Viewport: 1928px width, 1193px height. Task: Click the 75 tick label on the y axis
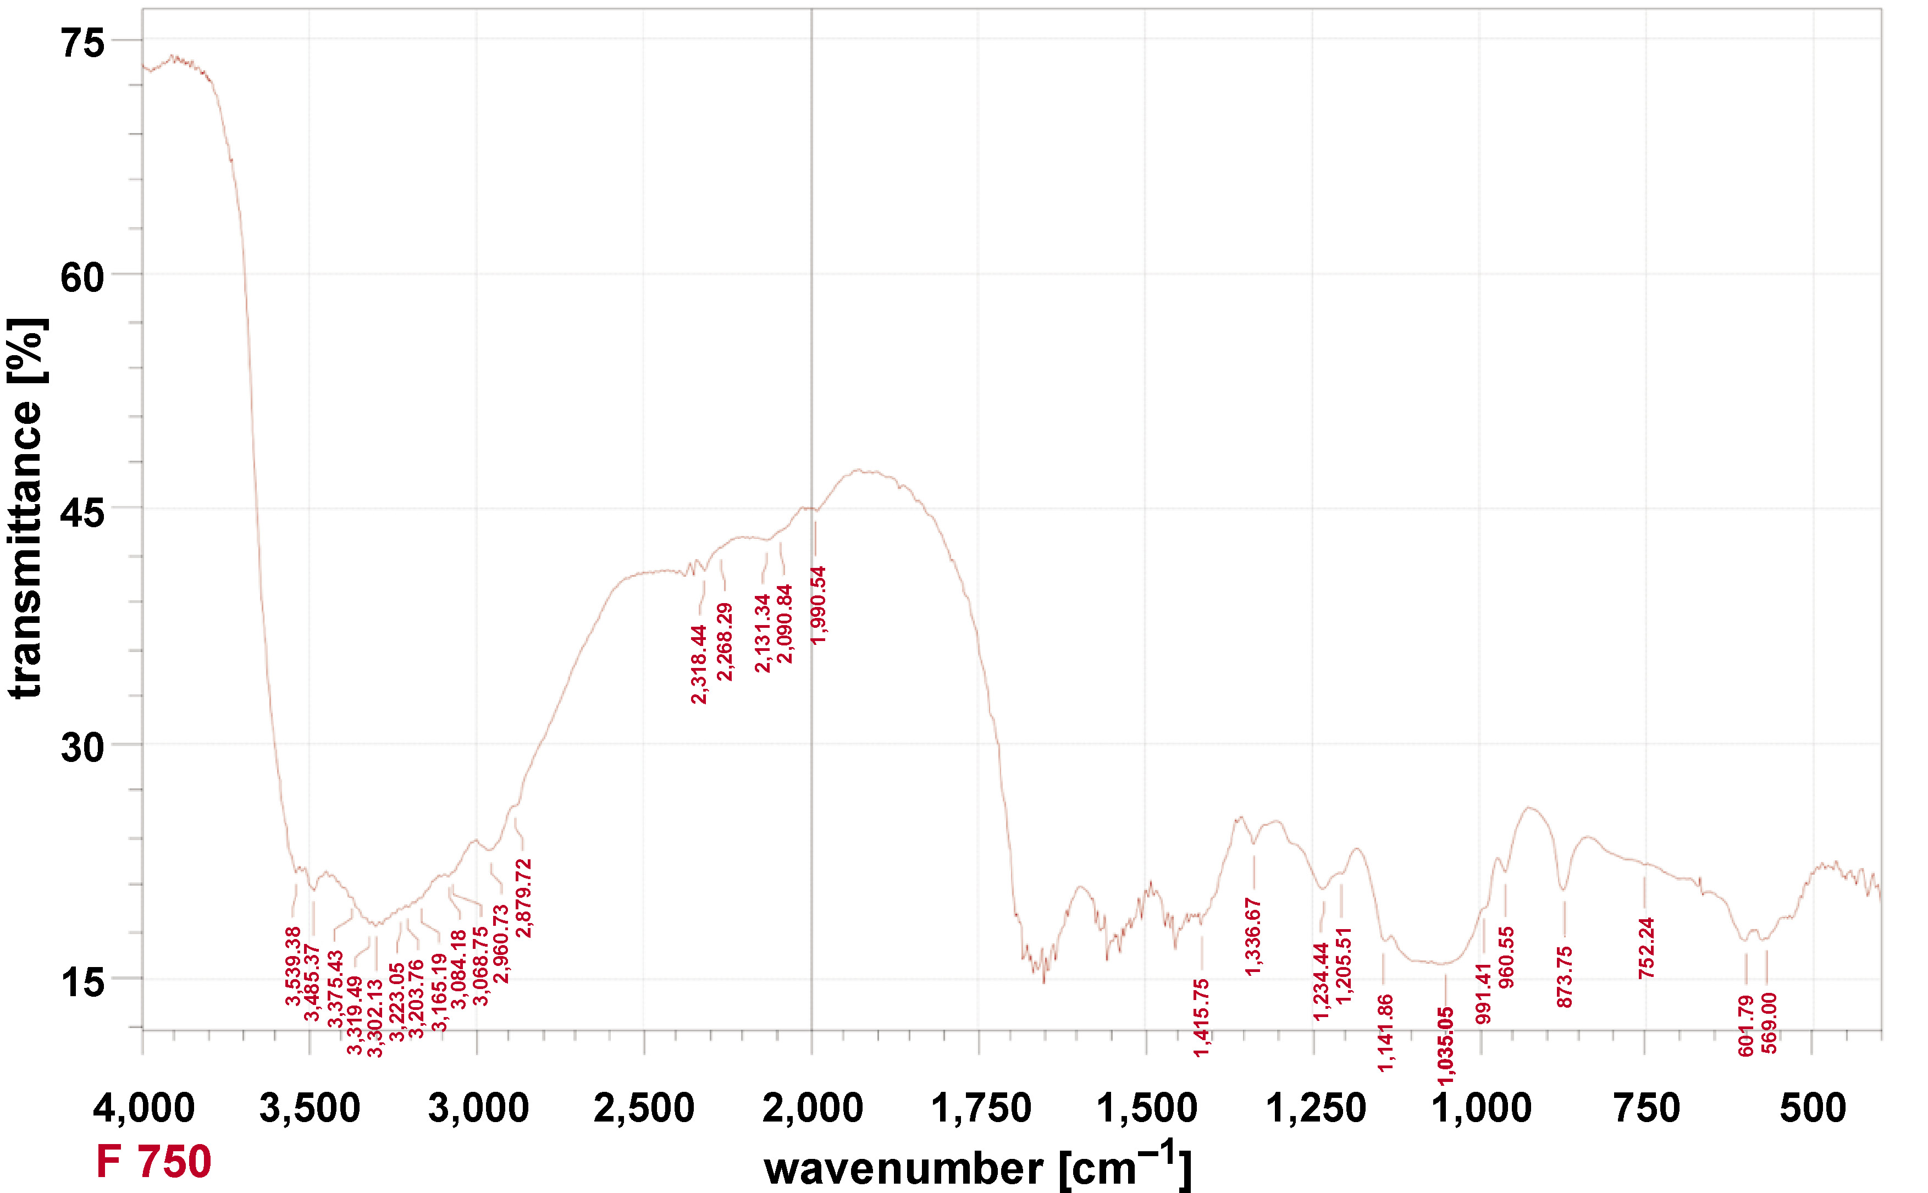click(82, 43)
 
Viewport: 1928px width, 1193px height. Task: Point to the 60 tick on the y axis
click(82, 278)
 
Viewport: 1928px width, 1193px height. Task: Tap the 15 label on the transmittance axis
click(82, 983)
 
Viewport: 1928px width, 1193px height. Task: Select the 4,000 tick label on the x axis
click(143, 1108)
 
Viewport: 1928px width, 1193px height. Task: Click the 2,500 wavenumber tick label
click(644, 1108)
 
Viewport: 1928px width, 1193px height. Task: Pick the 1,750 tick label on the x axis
click(981, 1108)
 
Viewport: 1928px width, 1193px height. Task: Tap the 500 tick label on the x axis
click(1813, 1108)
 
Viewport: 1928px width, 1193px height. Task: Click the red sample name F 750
click(154, 1162)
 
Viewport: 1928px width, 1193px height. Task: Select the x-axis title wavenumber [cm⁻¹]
click(977, 1166)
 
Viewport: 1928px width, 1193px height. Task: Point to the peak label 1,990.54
click(819, 605)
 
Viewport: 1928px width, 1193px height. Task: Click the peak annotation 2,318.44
click(699, 664)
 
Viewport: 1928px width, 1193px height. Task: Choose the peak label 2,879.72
click(524, 898)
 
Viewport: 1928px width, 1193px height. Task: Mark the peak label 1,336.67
click(1253, 937)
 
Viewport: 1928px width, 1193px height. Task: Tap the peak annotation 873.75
click(1564, 977)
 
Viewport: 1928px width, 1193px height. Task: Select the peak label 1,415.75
click(1201, 1017)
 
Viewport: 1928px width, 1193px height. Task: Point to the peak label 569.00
click(1769, 1023)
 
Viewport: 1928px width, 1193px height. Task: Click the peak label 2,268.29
click(724, 642)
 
